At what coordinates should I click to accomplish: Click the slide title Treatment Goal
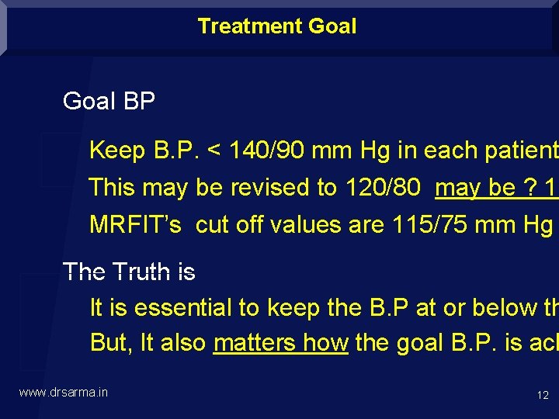click(x=277, y=26)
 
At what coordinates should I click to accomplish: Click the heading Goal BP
click(x=109, y=101)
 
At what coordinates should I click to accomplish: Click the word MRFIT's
click(x=135, y=225)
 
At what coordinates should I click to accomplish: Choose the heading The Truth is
click(x=129, y=272)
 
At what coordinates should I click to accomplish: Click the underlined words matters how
click(x=280, y=343)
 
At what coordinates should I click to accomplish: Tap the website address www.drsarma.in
click(x=64, y=393)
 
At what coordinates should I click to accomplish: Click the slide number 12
click(x=543, y=396)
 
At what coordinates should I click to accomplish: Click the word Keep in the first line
click(x=116, y=151)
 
